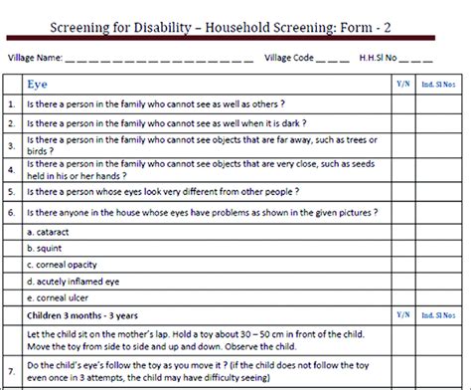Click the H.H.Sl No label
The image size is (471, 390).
pyautogui.click(x=387, y=59)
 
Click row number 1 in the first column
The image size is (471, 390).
pyautogui.click(x=11, y=103)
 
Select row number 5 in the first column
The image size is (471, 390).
pyautogui.click(x=11, y=190)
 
